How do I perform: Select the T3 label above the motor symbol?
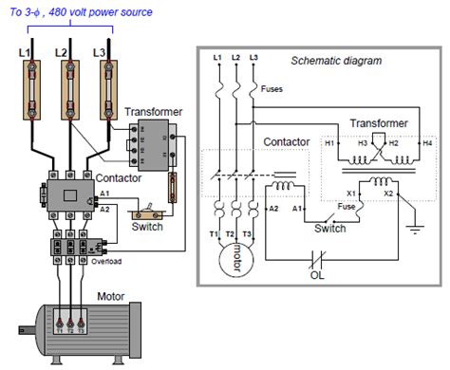pos(249,235)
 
